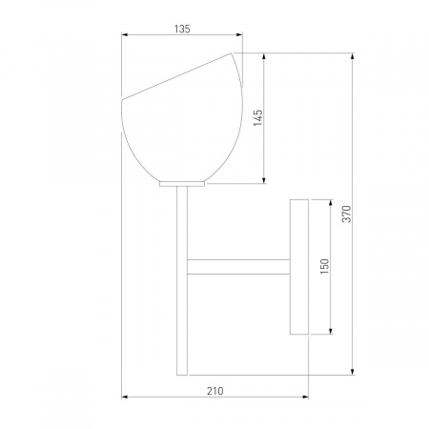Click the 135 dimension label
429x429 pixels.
click(x=182, y=29)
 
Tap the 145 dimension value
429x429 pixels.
click(x=258, y=117)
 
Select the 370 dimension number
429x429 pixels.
click(x=347, y=214)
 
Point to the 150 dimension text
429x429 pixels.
click(x=324, y=266)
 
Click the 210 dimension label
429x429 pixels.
click(x=215, y=391)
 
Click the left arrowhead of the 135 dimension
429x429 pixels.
click(x=125, y=34)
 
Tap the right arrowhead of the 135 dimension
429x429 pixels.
click(x=239, y=34)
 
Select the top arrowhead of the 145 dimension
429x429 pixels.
click(x=264, y=56)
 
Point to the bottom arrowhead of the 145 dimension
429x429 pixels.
click(x=264, y=180)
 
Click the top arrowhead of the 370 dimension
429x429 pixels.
click(x=352, y=56)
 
